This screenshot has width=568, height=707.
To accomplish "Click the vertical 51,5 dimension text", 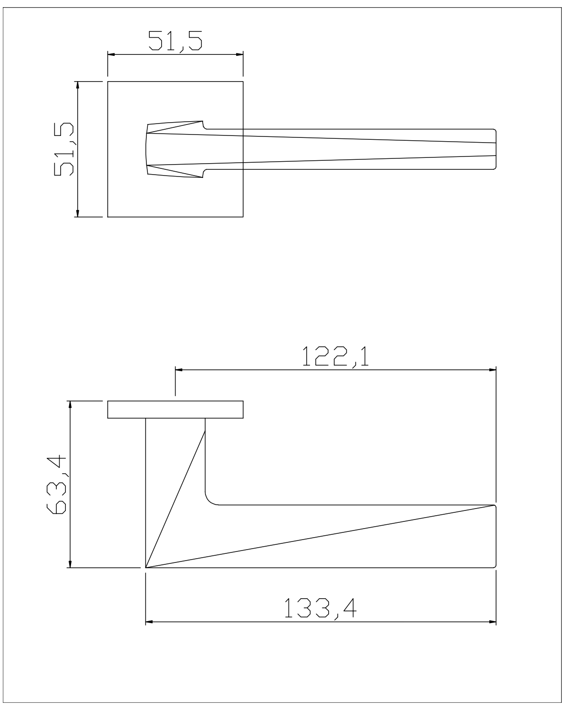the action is (64, 149).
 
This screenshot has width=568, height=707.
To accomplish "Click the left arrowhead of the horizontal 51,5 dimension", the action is (112, 54).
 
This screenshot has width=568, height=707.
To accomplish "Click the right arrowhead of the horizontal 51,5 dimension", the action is (239, 54).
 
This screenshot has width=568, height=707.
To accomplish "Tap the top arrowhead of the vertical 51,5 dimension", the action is (78, 85).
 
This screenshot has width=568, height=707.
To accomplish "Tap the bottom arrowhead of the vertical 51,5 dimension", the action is (78, 213).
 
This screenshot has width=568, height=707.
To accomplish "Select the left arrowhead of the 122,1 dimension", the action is (179, 370).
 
